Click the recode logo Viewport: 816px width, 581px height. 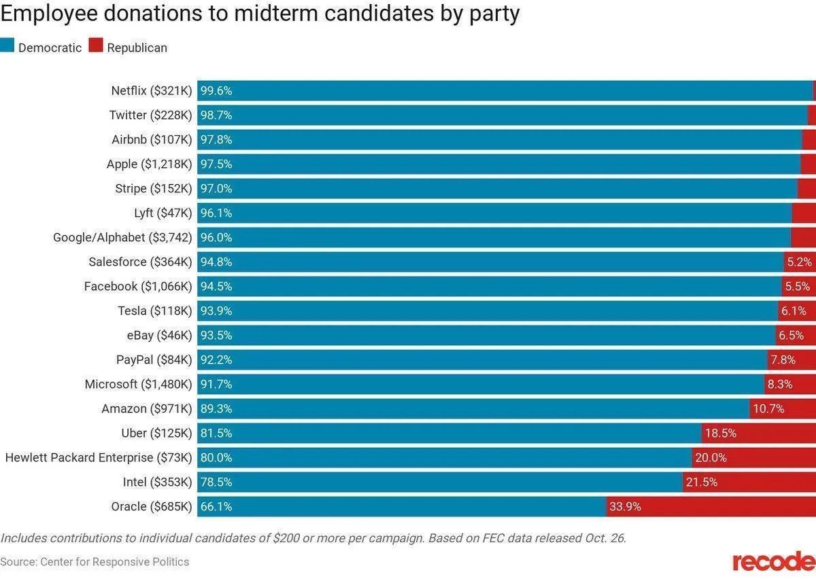773,562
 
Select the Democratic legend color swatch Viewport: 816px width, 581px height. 7,47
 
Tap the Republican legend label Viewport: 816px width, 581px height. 137,48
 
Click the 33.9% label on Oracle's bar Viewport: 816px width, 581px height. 625,506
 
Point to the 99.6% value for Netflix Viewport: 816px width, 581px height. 216,90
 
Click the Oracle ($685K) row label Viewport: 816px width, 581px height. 152,506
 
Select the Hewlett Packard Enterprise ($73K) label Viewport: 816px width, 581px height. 99,457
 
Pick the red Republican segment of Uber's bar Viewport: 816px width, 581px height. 758,433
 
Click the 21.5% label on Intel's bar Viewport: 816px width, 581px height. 701,482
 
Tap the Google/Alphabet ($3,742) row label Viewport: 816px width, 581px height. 122,237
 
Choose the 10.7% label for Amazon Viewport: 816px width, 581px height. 768,408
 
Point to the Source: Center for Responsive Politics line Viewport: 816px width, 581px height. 95,561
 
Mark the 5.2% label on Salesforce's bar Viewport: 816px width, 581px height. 799,262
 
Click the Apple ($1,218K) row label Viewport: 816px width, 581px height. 150,164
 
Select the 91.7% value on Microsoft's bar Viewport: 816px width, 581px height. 216,384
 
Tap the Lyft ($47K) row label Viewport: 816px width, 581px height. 163,213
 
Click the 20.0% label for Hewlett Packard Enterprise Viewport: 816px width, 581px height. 711,457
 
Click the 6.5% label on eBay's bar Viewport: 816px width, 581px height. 791,335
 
